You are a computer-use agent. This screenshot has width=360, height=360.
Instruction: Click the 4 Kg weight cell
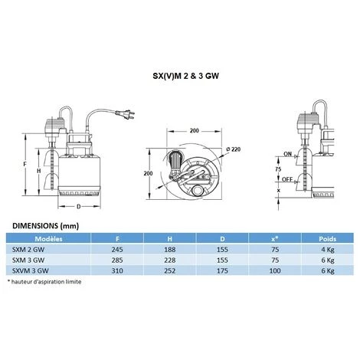[326, 249]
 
